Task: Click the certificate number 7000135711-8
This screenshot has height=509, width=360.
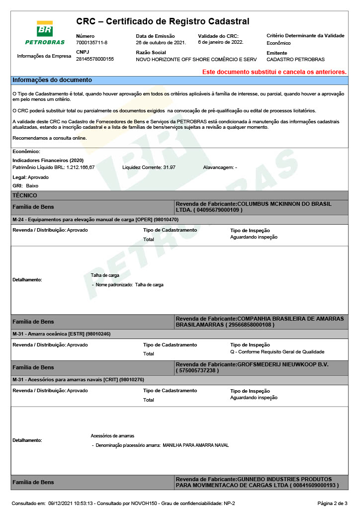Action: coord(91,43)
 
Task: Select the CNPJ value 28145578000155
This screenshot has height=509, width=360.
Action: coord(95,59)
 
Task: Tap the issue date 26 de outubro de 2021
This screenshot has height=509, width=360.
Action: coord(161,43)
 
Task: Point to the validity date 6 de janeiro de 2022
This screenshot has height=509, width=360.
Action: coord(220,42)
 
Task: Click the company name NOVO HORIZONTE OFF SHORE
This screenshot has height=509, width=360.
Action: coord(196,60)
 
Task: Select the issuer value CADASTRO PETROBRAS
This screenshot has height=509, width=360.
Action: coord(295,60)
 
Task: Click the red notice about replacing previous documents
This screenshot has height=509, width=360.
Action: coord(274,72)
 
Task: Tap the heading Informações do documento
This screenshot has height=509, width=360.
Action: coord(52,80)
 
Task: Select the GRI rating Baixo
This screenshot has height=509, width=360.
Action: coord(32,185)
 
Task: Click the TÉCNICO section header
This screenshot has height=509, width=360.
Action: coord(25,195)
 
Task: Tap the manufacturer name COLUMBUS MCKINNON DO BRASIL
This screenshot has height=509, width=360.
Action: coord(284,204)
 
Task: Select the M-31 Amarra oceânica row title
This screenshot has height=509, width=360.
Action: coord(61,334)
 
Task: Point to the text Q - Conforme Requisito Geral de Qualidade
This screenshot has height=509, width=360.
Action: coord(277,351)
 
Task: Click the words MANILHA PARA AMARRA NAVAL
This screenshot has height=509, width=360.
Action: coord(196,445)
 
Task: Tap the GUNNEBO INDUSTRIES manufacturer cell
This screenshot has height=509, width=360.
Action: coord(261,482)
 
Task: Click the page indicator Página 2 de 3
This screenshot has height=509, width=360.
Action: coord(332,503)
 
